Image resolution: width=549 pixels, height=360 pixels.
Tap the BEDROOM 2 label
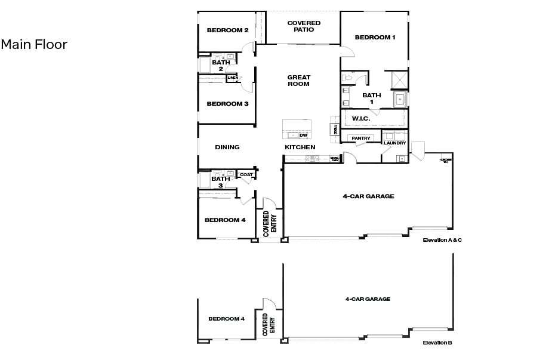pos(227,30)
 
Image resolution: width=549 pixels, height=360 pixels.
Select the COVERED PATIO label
pos(304,26)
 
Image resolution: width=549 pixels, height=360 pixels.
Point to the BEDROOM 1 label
pos(375,37)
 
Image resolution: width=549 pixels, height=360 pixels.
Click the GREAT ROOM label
pos(298,81)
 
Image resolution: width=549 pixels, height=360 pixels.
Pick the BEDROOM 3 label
pos(227,104)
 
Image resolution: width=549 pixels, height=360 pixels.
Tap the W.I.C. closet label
pos(361,119)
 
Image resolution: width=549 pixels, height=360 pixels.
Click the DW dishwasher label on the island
pos(303,135)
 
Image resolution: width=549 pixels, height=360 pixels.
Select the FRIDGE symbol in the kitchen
pos(335,129)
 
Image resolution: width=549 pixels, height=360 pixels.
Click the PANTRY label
pos(361,139)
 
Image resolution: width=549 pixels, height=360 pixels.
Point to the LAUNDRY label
pos(395,143)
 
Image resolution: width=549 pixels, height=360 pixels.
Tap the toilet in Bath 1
pos(348,77)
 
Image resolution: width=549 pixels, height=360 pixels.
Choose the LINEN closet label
pos(233,78)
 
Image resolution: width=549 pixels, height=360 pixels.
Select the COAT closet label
pos(246,174)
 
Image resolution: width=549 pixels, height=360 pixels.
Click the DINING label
pos(227,147)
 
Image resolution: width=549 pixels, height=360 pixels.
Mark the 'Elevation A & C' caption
pos(442,240)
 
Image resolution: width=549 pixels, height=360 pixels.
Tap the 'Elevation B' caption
pos(437,343)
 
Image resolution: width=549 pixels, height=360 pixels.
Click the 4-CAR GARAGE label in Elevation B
pos(368,299)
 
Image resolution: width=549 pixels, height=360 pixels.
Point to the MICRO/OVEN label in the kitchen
pos(335,159)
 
